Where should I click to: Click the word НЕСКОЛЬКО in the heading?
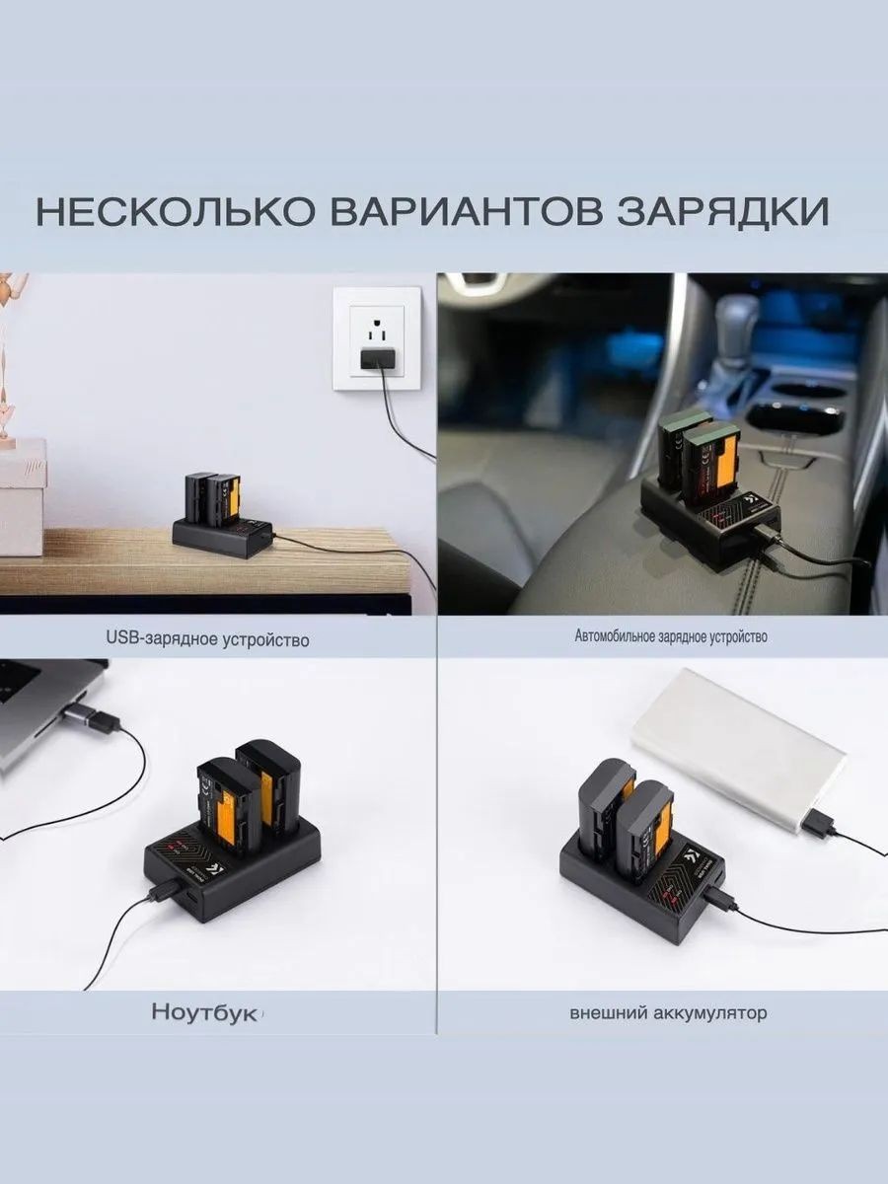[x=176, y=212]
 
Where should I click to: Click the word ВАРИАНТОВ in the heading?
[x=466, y=212]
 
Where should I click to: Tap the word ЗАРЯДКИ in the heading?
[x=722, y=212]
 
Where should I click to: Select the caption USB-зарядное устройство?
[x=207, y=639]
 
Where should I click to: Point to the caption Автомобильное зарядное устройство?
[x=671, y=637]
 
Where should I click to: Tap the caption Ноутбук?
[x=204, y=1013]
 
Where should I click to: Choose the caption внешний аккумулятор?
[x=668, y=1013]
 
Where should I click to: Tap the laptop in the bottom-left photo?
[x=48, y=712]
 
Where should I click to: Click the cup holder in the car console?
[x=792, y=418]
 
